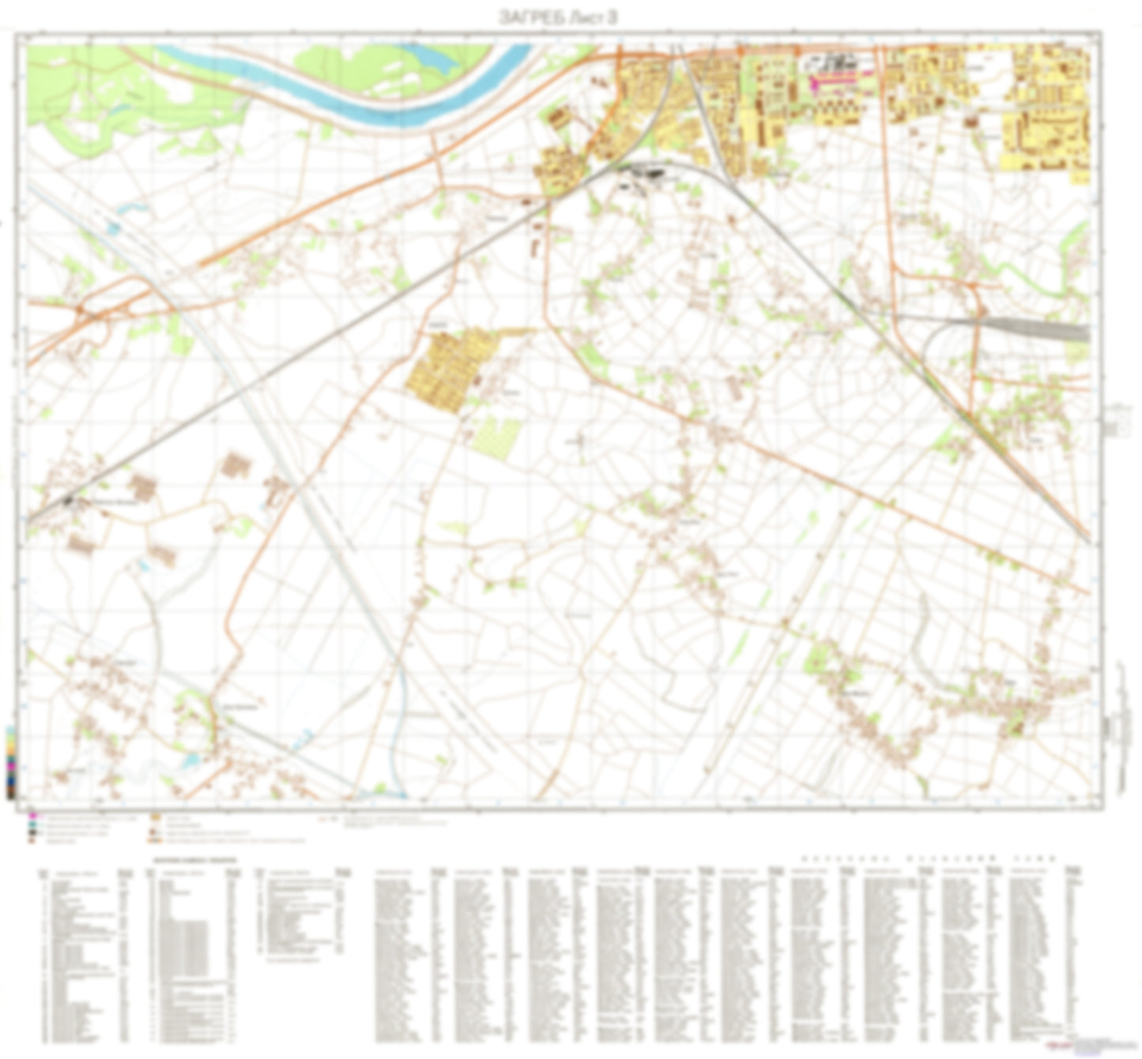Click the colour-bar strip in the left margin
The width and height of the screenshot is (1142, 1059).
pyautogui.click(x=10, y=762)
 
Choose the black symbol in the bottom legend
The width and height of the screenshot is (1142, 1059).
pyautogui.click(x=32, y=832)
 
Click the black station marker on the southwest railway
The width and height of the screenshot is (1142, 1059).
pyautogui.click(x=70, y=499)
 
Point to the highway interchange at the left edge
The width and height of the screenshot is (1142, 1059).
pyautogui.click(x=83, y=312)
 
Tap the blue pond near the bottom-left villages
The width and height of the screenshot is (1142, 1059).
pyautogui.click(x=190, y=760)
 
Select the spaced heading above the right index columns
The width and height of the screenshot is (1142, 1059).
pyautogui.click(x=929, y=857)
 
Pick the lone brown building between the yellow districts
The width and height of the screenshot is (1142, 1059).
pyautogui.click(x=971, y=122)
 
